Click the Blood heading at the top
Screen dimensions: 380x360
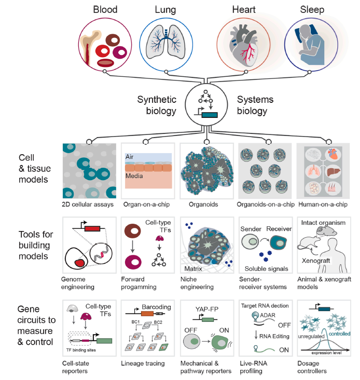(x=105, y=9)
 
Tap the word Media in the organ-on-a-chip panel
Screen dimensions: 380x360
(x=136, y=176)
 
